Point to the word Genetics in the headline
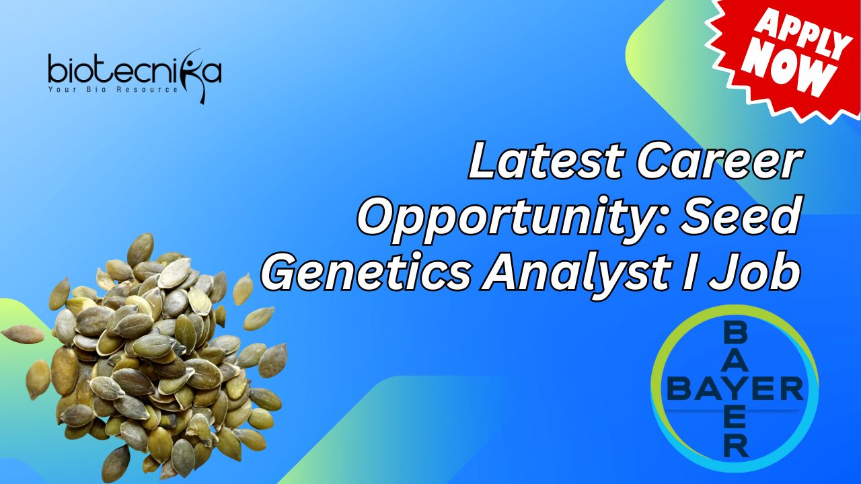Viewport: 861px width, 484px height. pos(365,271)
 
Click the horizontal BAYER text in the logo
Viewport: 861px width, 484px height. pos(735,388)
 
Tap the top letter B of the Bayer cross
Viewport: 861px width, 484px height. pos(735,333)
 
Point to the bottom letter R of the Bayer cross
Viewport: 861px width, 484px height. pos(736,447)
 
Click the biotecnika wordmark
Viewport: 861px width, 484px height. pos(135,71)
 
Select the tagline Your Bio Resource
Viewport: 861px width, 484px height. pos(113,90)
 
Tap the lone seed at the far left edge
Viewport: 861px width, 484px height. pos(23,334)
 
